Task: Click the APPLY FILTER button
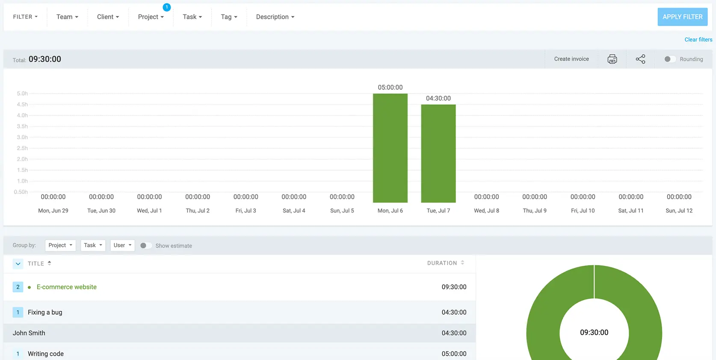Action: tap(683, 17)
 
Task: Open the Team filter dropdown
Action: tap(67, 17)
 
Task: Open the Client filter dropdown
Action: tap(108, 17)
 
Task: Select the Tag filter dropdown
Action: tap(229, 17)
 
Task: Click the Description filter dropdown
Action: tap(275, 17)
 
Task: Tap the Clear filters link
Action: tap(698, 40)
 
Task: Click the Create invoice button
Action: tap(571, 59)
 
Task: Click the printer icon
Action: tap(612, 59)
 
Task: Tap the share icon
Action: tap(640, 59)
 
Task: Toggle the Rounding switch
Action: tap(670, 59)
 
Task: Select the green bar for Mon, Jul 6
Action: tap(390, 148)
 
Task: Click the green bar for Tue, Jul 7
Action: tap(438, 153)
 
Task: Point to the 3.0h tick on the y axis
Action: tap(22, 137)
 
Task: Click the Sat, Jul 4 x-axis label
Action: tap(294, 210)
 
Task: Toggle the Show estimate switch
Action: tap(146, 246)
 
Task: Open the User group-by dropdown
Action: tap(122, 245)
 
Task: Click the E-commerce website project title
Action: tap(66, 287)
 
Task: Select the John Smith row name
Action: tap(29, 333)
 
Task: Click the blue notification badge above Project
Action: tap(166, 7)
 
